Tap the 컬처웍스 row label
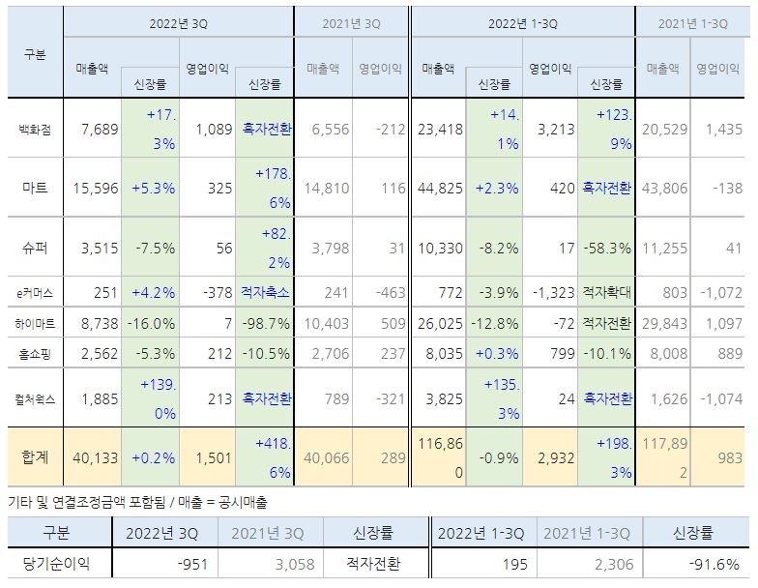[35, 398]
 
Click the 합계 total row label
[35, 456]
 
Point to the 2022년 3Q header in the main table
[178, 21]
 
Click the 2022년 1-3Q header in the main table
[522, 21]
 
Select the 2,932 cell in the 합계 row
[555, 456]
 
